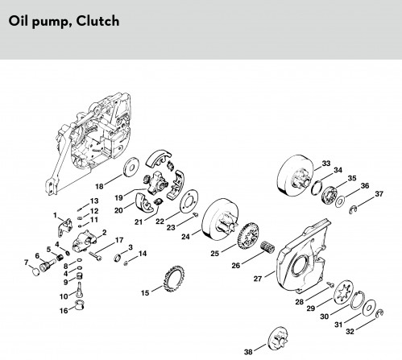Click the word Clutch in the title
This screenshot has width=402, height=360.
pos(97,21)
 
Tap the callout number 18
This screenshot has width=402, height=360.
pos(99,186)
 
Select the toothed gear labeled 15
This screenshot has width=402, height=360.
pos(174,279)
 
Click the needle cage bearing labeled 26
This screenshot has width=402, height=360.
pos(267,247)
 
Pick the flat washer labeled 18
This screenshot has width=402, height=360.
pos(131,167)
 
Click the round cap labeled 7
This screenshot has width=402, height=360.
pos(35,271)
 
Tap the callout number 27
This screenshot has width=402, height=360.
pos(258,279)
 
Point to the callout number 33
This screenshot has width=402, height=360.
pos(326,163)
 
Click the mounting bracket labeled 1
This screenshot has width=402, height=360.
pos(64,227)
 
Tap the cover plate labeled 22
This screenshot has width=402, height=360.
pos(189,201)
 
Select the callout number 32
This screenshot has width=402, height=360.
pos(350,332)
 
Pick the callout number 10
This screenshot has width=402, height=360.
pos(64,296)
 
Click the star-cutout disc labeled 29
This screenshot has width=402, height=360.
pos(342,293)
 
